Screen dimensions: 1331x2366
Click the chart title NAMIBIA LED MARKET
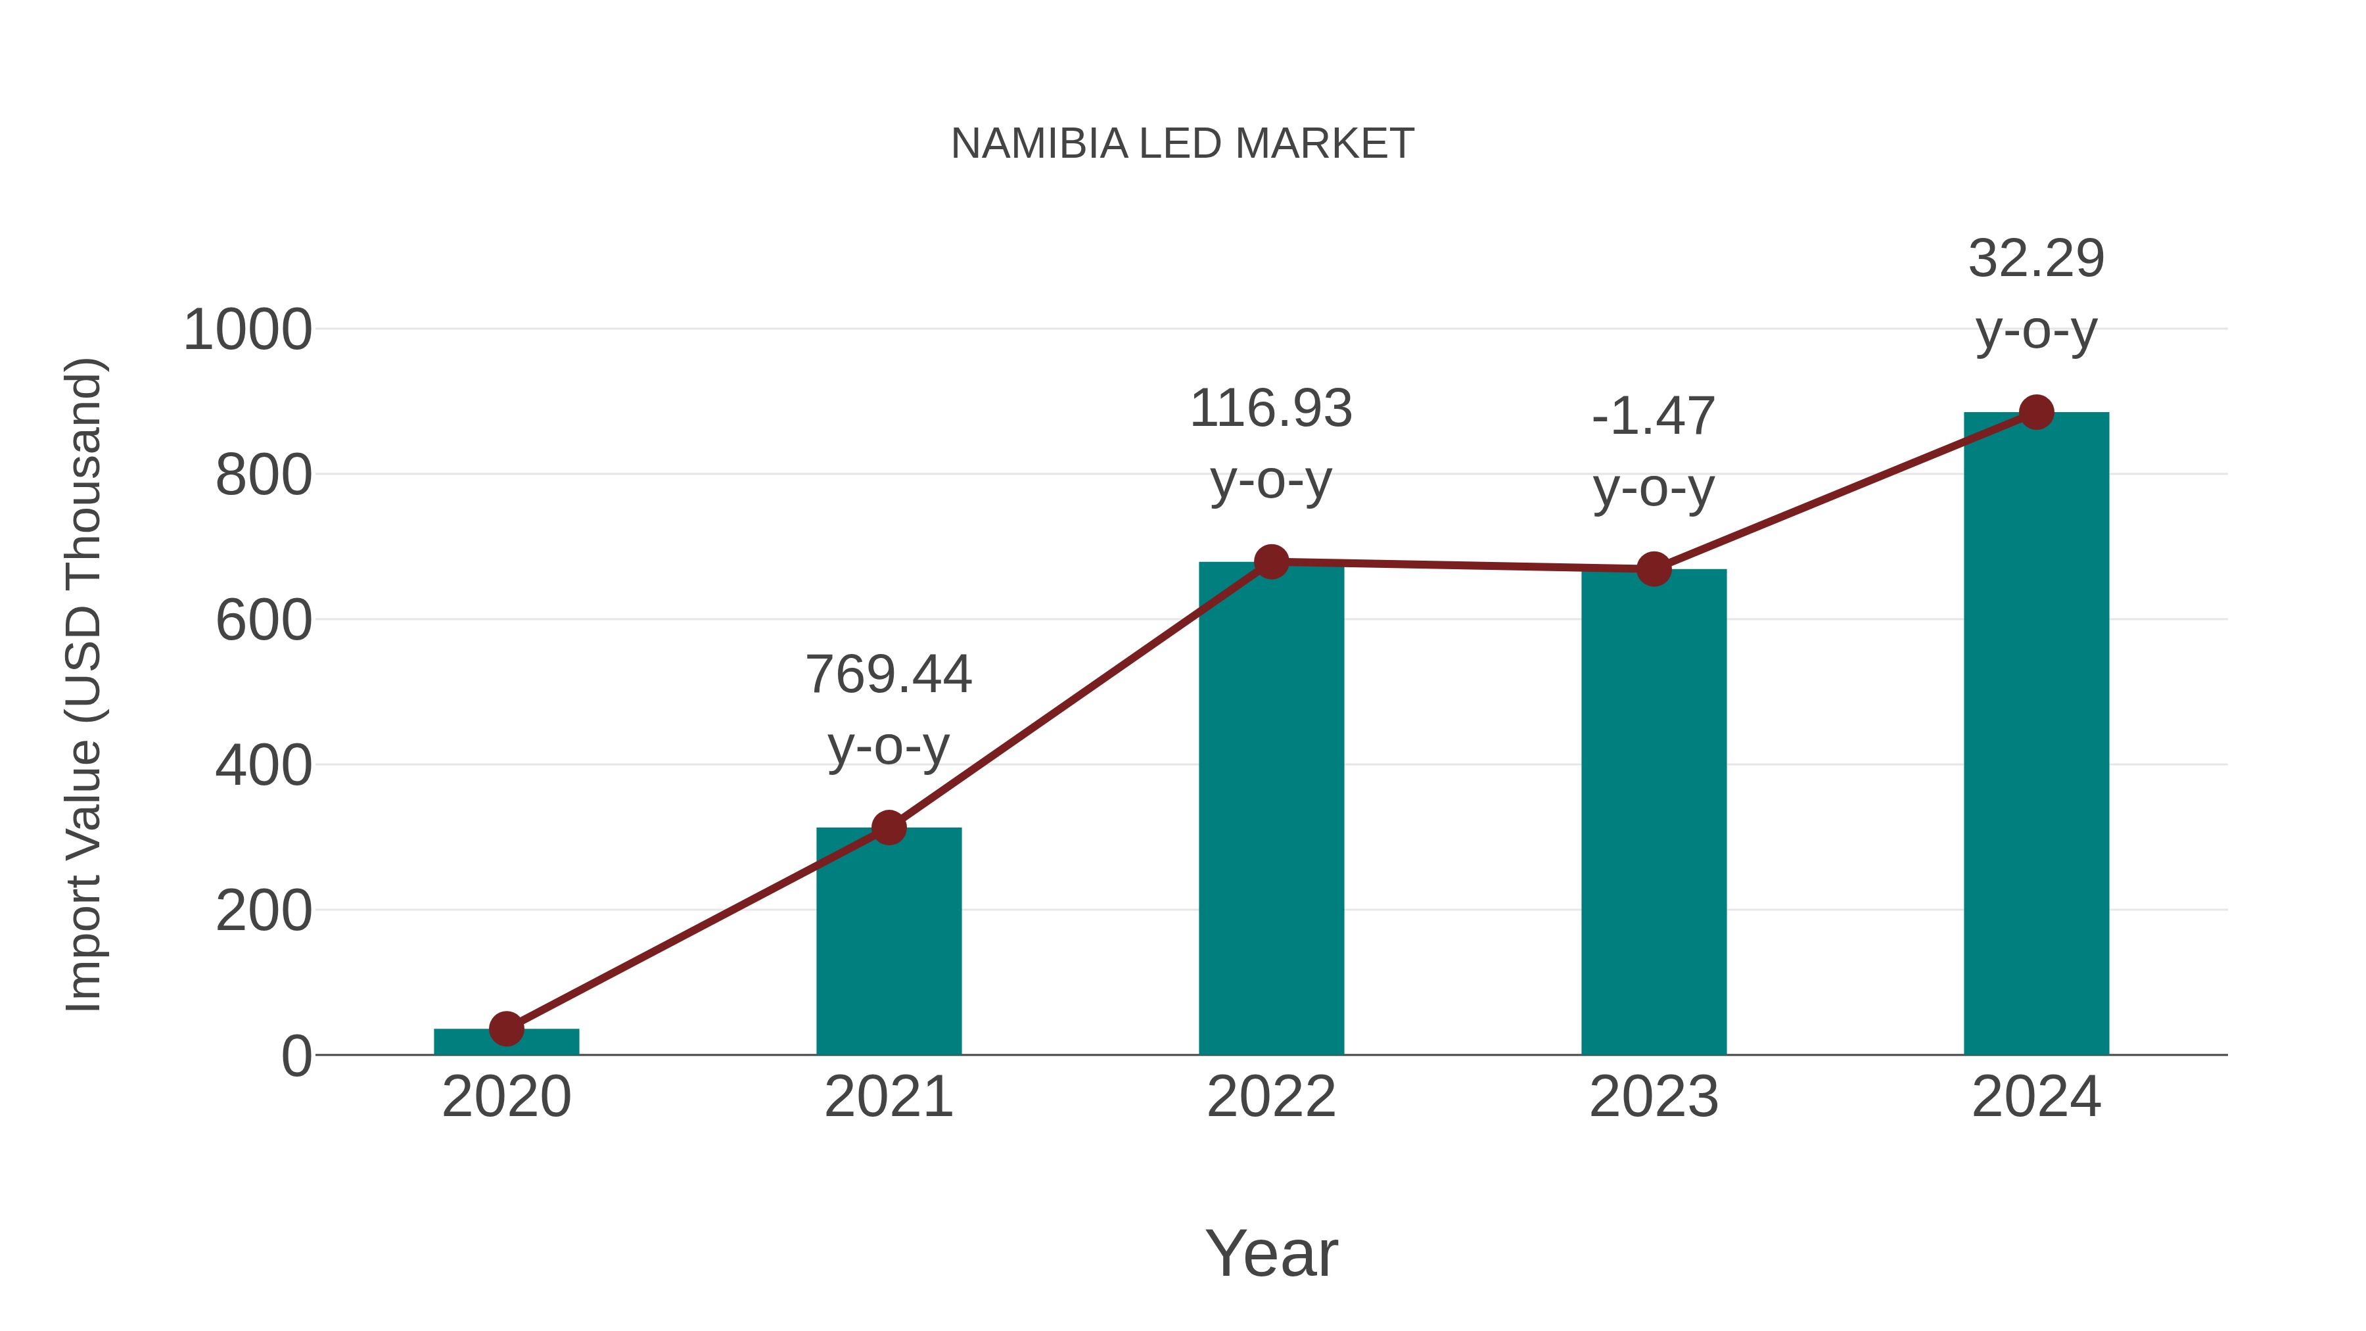(x=1182, y=144)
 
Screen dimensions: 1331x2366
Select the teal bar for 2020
(x=506, y=1042)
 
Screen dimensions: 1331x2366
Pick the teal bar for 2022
(x=1271, y=808)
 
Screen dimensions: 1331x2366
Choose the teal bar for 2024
(x=2036, y=735)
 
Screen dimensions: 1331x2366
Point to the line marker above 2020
(x=506, y=1029)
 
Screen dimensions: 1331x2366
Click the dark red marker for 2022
(x=1271, y=561)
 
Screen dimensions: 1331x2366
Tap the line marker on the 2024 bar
(x=2036, y=412)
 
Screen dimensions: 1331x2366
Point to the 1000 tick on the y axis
(x=248, y=330)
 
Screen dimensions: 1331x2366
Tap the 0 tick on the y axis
(x=296, y=1056)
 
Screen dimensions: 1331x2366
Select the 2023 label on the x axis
(x=1654, y=1097)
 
